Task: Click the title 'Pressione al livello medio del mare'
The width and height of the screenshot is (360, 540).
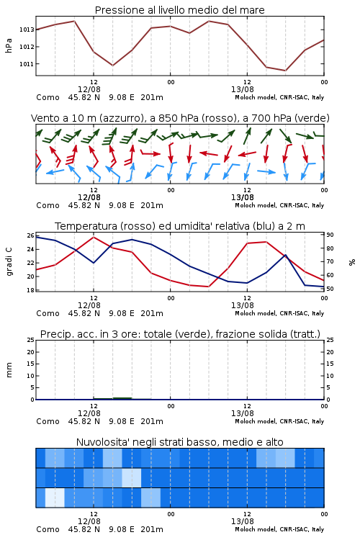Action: (x=179, y=10)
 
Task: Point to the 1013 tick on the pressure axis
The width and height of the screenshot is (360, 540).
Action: (x=27, y=30)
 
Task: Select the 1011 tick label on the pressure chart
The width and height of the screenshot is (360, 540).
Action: (x=27, y=64)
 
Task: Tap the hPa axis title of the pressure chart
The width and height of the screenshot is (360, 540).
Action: (x=9, y=46)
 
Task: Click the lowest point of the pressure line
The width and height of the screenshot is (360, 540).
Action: (x=285, y=71)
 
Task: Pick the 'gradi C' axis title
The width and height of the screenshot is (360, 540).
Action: (x=9, y=262)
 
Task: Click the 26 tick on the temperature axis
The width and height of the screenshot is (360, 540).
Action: (x=31, y=236)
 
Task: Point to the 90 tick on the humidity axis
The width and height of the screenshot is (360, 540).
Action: (x=330, y=235)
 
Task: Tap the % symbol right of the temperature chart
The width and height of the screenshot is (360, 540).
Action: (x=352, y=262)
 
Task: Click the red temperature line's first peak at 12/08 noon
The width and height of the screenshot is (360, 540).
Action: (x=94, y=237)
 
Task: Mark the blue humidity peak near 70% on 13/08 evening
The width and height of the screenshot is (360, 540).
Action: (x=285, y=255)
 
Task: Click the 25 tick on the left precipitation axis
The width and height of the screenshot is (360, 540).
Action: (x=31, y=341)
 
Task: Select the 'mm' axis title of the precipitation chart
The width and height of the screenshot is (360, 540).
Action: (x=9, y=370)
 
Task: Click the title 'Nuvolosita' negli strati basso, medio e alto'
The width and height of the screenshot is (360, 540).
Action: (x=179, y=442)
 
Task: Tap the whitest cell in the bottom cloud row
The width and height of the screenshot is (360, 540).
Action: (x=55, y=498)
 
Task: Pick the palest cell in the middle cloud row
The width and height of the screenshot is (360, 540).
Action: (x=132, y=477)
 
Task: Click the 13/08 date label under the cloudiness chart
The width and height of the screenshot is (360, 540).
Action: (x=242, y=521)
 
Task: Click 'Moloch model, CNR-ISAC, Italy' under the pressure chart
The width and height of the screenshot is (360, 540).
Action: (x=279, y=97)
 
